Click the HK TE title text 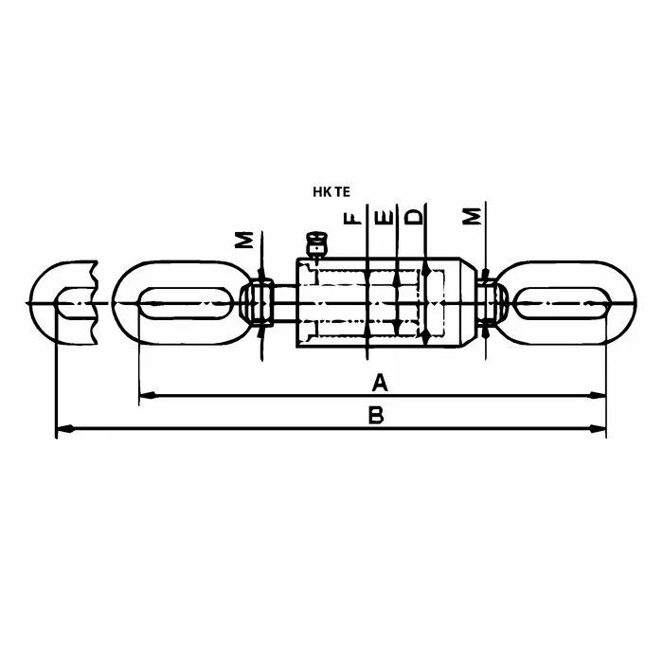coord(331,192)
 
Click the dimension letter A coord(380,383)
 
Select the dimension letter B coord(376,415)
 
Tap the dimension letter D coord(414,216)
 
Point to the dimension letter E coord(385,217)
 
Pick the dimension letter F coord(352,218)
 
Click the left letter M coord(244,240)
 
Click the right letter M coord(472,216)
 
